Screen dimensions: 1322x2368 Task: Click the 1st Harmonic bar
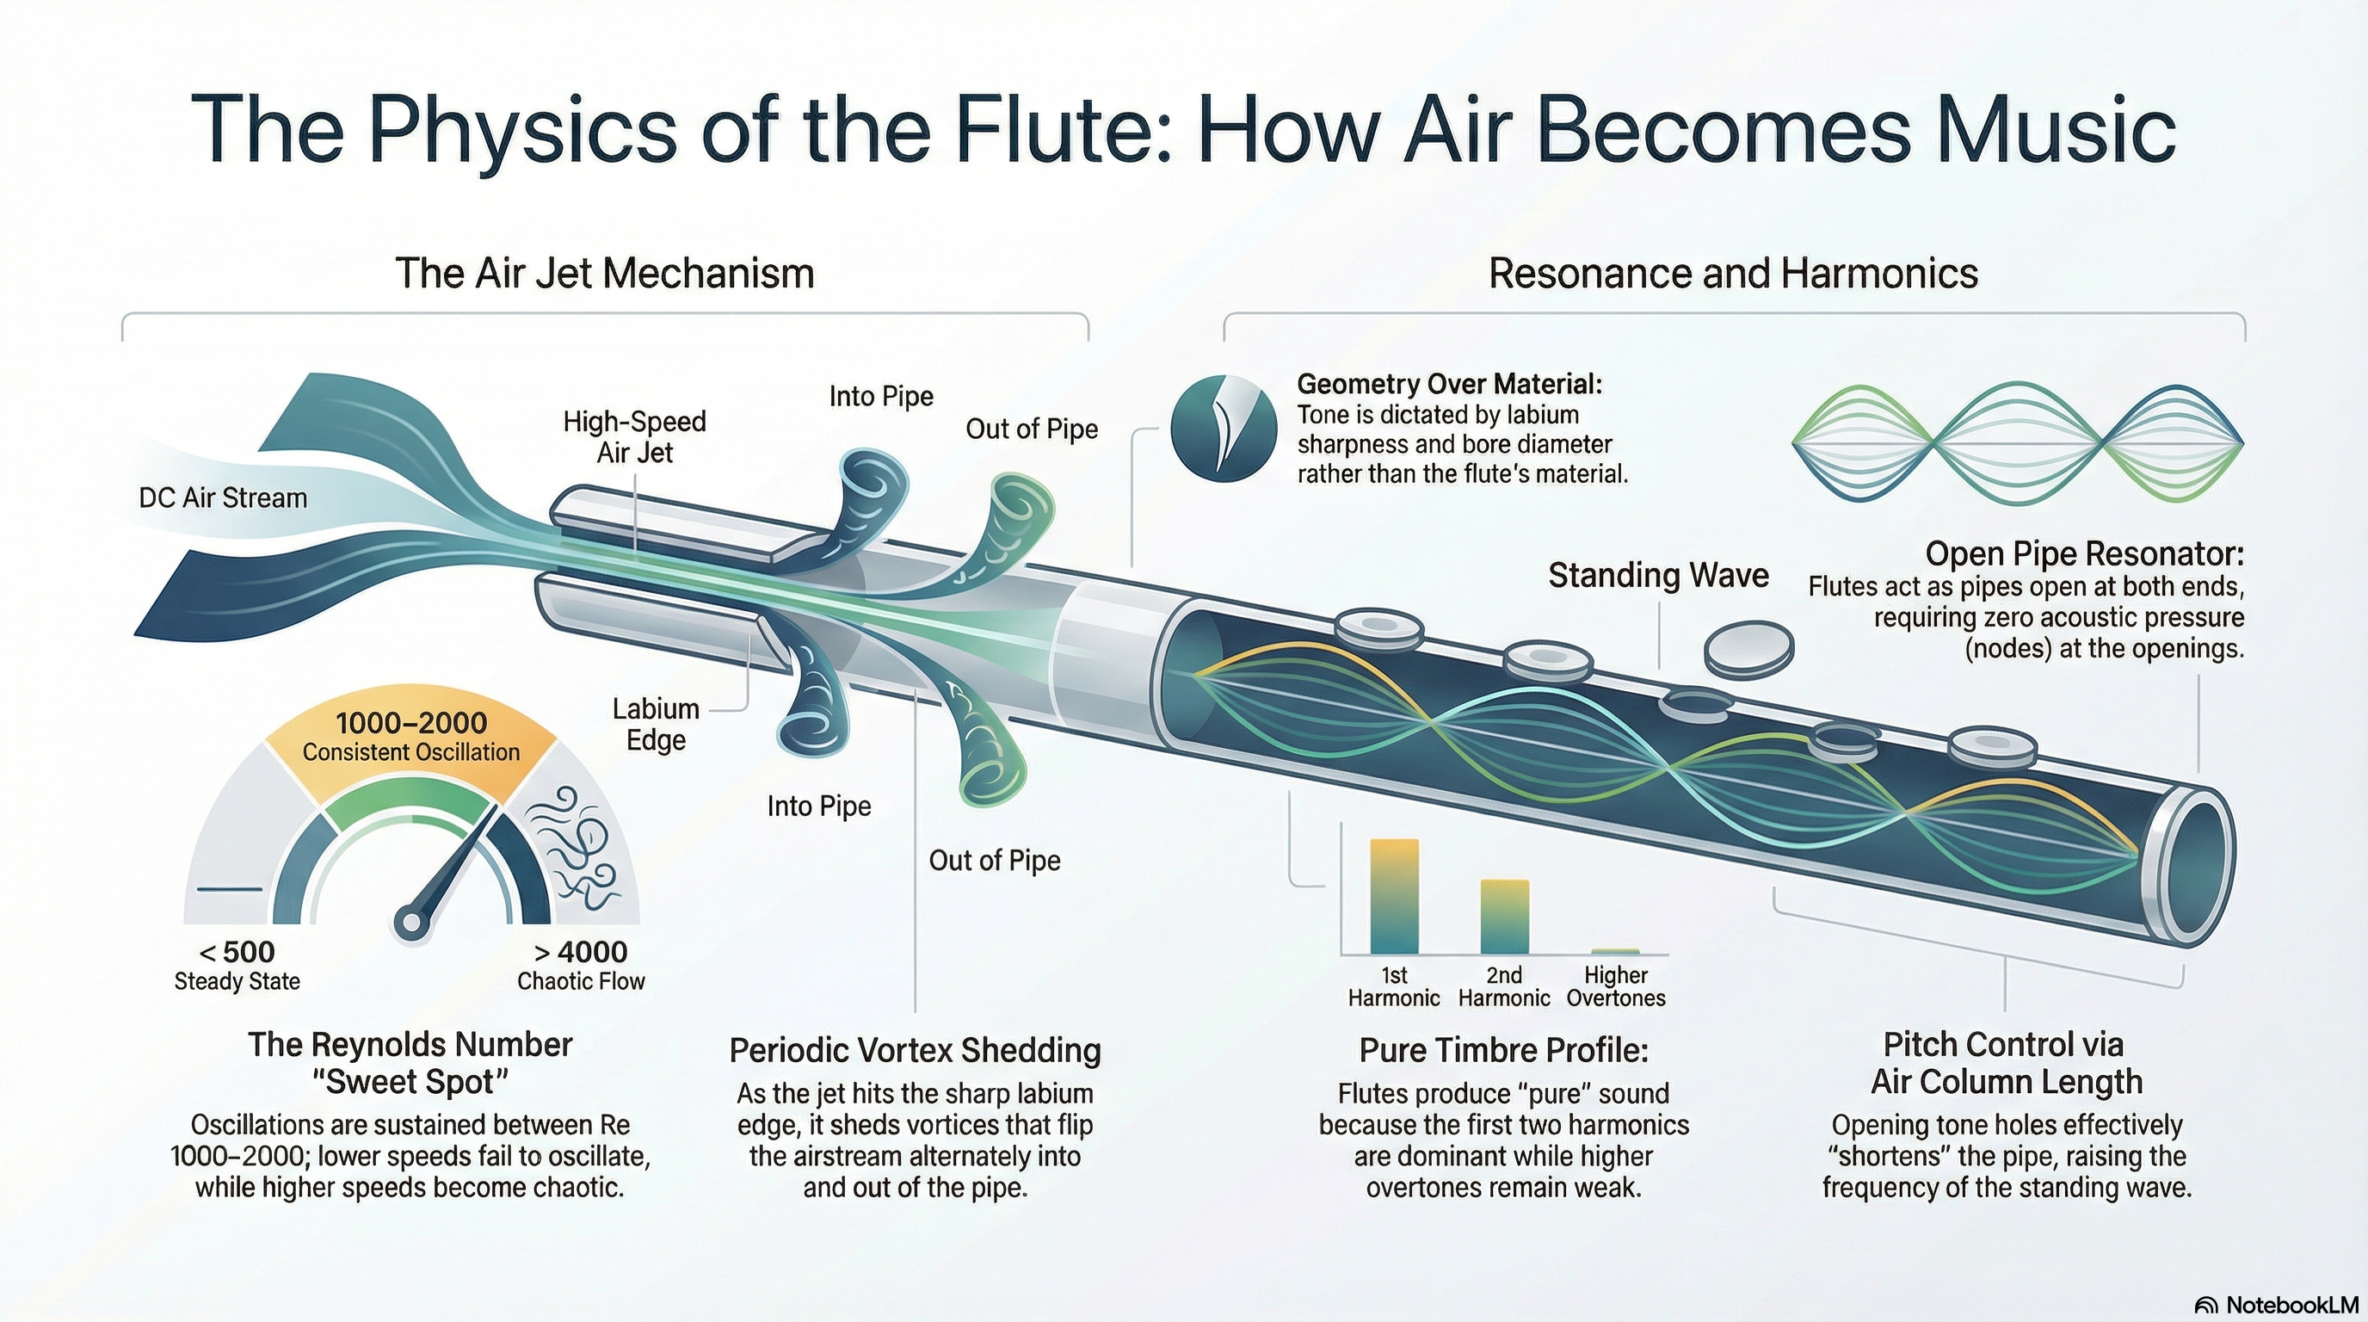coord(1394,896)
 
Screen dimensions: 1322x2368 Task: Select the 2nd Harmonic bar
coord(1504,917)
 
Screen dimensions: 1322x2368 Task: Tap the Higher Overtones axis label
coord(1615,986)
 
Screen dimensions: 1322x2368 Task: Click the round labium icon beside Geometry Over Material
coord(1224,429)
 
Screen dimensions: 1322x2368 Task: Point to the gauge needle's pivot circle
coord(408,922)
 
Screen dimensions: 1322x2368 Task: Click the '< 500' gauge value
coord(237,952)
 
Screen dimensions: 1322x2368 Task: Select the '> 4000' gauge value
coord(581,952)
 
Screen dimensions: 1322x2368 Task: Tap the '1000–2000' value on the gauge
coord(411,724)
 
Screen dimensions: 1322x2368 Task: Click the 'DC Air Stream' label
coord(224,498)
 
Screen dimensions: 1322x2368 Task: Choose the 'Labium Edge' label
coord(656,725)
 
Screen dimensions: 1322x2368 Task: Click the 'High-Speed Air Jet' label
coord(634,436)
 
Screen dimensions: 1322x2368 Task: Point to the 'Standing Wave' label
coord(1658,576)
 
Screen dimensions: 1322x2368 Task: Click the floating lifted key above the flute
coord(1748,648)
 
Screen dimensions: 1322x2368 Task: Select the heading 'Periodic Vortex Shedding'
coord(915,1050)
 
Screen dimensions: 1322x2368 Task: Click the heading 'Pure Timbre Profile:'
coord(1504,1050)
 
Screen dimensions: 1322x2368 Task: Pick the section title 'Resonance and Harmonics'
coord(1733,273)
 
